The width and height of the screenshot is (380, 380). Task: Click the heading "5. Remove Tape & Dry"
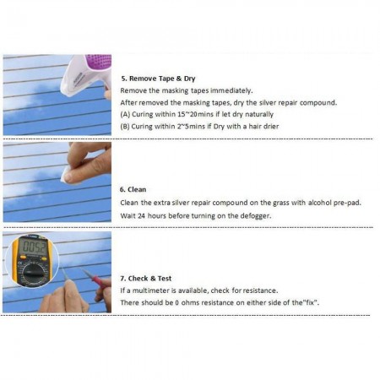(158, 79)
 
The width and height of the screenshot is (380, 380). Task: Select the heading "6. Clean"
(133, 189)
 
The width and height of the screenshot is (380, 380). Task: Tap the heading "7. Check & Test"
(146, 279)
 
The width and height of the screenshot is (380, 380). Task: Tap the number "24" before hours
(141, 216)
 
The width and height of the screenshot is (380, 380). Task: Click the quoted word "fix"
(311, 302)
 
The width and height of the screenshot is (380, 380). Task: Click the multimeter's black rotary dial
(33, 272)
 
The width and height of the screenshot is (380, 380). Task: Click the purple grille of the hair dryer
(100, 62)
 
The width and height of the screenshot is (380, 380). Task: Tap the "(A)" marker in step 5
(125, 115)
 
